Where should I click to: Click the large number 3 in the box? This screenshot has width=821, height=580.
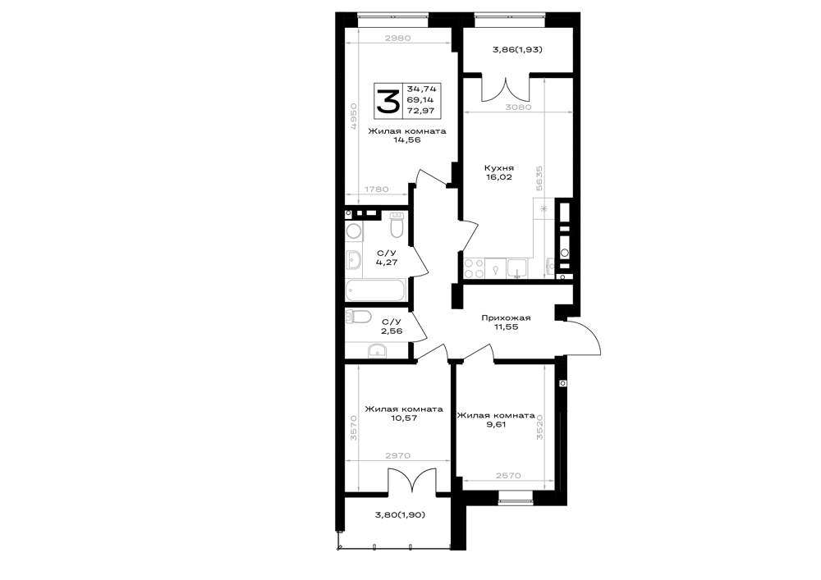388,101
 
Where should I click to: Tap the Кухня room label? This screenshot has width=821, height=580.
499,168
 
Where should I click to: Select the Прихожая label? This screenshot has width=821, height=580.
506,317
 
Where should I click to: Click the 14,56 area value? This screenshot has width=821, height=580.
407,140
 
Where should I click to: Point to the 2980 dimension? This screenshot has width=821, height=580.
397,38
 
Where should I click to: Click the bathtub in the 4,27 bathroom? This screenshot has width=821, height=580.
376,290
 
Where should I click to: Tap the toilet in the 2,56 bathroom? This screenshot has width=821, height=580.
359,316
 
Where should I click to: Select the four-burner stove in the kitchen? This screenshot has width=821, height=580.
474,268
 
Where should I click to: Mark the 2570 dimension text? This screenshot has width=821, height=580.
508,475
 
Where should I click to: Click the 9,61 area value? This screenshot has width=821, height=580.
496,425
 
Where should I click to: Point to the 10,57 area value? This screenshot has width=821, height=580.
404,418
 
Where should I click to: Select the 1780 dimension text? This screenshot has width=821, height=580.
375,190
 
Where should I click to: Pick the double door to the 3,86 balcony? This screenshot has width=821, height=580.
506,89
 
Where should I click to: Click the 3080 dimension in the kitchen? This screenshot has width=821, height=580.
518,107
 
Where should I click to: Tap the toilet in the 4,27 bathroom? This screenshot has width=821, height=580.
397,224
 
